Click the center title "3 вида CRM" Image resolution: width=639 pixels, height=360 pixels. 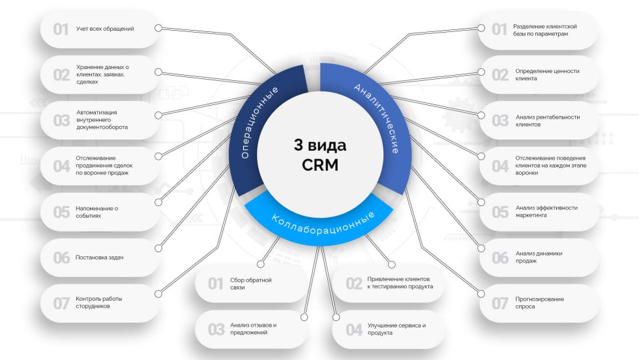(320, 155)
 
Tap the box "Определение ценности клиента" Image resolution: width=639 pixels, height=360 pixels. (539, 75)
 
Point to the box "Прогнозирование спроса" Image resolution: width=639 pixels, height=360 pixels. (539, 303)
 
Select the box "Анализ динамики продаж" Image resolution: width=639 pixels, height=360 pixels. (539, 257)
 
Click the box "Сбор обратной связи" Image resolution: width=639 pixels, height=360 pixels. (251, 284)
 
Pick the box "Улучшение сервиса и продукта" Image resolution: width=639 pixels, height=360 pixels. (389, 329)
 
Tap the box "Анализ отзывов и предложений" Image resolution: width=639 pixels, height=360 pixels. (251, 329)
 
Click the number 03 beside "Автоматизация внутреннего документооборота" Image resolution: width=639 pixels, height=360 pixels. (61, 121)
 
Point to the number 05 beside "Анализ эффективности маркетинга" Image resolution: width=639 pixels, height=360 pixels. (500, 212)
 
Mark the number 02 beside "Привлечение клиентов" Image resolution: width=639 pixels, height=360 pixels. (353, 284)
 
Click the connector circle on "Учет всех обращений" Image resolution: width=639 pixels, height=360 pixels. (158, 28)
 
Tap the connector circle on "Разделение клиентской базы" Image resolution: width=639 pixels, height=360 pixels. (481, 28)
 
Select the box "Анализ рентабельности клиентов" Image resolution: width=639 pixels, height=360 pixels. (539, 121)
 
